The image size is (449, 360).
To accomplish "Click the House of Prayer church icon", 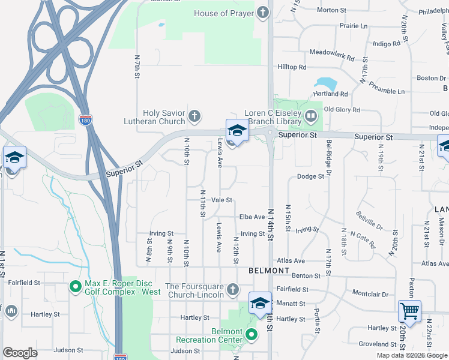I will [x=263, y=13].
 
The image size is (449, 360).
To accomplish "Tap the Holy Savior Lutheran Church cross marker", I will [x=194, y=115].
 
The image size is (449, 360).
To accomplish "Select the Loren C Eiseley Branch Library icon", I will [x=310, y=115].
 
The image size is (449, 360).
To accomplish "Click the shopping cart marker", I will [x=410, y=311].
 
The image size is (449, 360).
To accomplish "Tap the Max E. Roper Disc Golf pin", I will [x=76, y=286].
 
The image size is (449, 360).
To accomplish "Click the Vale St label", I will [x=221, y=200].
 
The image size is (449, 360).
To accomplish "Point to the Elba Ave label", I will [x=252, y=217].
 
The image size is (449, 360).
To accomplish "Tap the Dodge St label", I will [x=310, y=176].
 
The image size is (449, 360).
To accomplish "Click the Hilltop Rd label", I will [x=292, y=67].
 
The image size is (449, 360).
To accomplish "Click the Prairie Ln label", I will [x=354, y=26].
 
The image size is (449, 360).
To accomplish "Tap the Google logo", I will [x=20, y=353].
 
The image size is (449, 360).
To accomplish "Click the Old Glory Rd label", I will [x=342, y=110].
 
